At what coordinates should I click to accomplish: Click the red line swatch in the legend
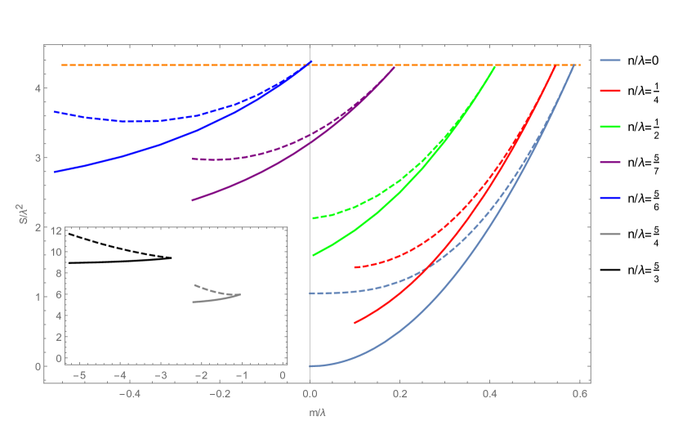610,92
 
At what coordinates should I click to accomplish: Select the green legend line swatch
610,127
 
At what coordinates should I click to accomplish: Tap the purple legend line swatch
610,162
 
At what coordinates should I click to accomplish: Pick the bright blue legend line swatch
610,198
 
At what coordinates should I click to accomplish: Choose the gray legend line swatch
610,234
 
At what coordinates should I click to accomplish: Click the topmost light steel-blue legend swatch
610,60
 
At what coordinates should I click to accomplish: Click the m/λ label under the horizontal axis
318,413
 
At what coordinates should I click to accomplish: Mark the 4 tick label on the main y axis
38,88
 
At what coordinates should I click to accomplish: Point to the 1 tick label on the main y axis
38,297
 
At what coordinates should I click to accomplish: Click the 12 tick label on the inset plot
56,231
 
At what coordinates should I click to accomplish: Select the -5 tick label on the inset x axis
81,375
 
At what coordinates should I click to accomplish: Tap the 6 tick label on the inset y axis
59,295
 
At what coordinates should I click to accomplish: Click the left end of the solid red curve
355,323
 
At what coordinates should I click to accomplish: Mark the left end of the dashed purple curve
192,159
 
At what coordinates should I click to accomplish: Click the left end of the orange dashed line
63,65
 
